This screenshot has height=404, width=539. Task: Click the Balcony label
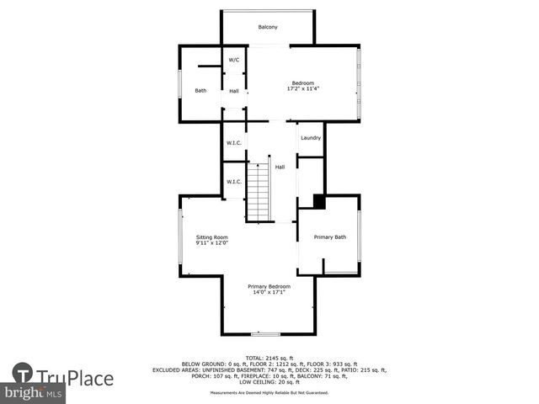[268, 28]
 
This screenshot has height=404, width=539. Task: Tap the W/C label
[234, 60]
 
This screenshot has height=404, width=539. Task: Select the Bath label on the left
[200, 91]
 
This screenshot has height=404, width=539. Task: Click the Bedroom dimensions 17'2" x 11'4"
[302, 88]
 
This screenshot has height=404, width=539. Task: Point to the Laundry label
[310, 137]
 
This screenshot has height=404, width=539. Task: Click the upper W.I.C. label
[234, 143]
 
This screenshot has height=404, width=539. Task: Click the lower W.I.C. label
[234, 181]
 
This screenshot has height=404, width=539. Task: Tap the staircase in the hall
[260, 191]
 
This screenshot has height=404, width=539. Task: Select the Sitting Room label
[212, 237]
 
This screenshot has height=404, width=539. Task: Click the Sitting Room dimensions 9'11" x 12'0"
[212, 243]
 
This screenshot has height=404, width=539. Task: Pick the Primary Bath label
[330, 237]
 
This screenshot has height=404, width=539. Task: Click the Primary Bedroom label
[269, 286]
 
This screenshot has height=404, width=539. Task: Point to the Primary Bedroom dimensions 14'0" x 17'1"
[269, 292]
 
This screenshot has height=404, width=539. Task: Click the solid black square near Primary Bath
[319, 201]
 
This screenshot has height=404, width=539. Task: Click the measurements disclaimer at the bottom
[269, 392]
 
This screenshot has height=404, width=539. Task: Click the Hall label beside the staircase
[280, 167]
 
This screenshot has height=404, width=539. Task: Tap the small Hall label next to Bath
[234, 91]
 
